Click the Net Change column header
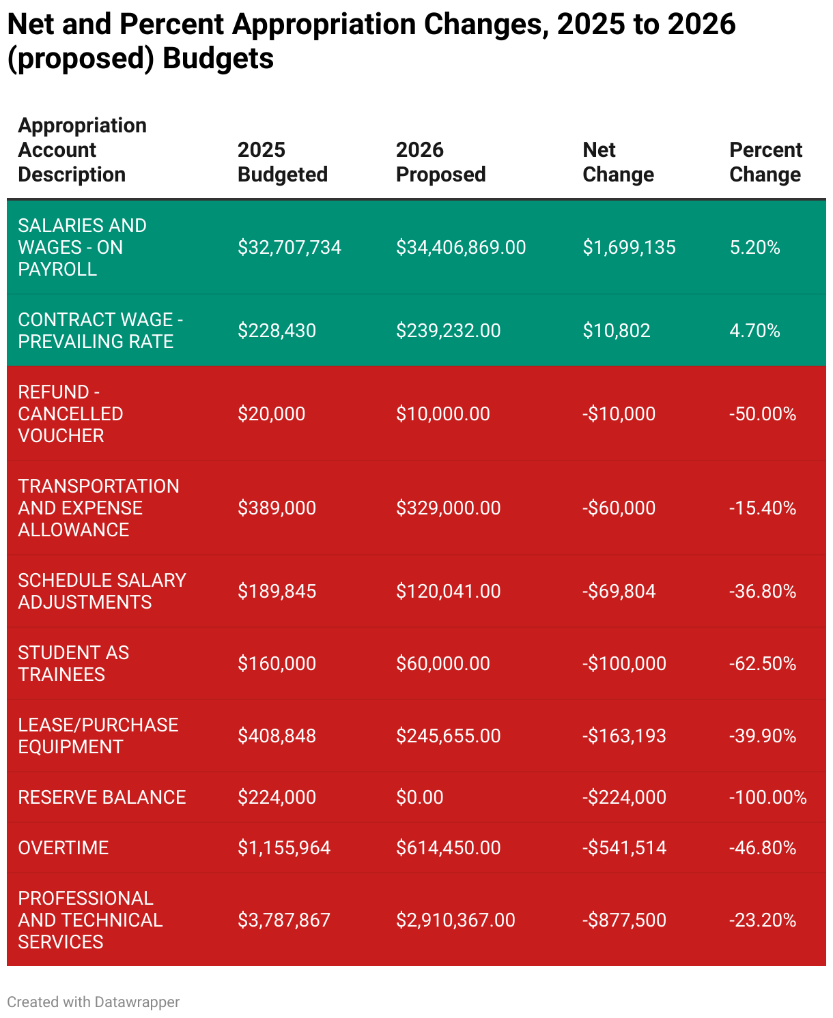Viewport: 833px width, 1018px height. [618, 162]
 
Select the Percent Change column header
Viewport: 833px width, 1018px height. [765, 162]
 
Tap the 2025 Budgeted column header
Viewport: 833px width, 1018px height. [282, 162]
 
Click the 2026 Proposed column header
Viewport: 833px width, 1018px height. [440, 162]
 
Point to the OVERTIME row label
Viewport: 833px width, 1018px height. [63, 847]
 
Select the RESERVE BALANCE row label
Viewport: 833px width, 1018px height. [102, 797]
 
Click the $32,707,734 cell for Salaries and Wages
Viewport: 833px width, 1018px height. [289, 247]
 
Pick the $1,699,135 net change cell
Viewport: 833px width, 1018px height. [629, 247]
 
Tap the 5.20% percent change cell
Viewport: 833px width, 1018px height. [754, 247]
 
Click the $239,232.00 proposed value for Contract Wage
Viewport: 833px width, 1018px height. [448, 330]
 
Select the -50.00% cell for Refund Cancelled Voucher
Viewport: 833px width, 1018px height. [763, 413]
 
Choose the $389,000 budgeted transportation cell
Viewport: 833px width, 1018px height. [277, 508]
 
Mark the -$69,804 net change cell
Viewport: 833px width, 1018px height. [619, 591]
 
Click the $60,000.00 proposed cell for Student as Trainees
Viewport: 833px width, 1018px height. [442, 663]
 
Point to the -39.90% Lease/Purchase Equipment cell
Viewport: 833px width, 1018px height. [763, 736]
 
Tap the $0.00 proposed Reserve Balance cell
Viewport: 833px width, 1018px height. [419, 797]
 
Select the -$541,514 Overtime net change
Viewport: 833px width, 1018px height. [624, 847]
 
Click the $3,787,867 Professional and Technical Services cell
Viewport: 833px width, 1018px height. [283, 920]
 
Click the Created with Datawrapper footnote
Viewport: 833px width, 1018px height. [94, 1002]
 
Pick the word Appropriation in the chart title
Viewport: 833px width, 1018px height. [324, 25]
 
